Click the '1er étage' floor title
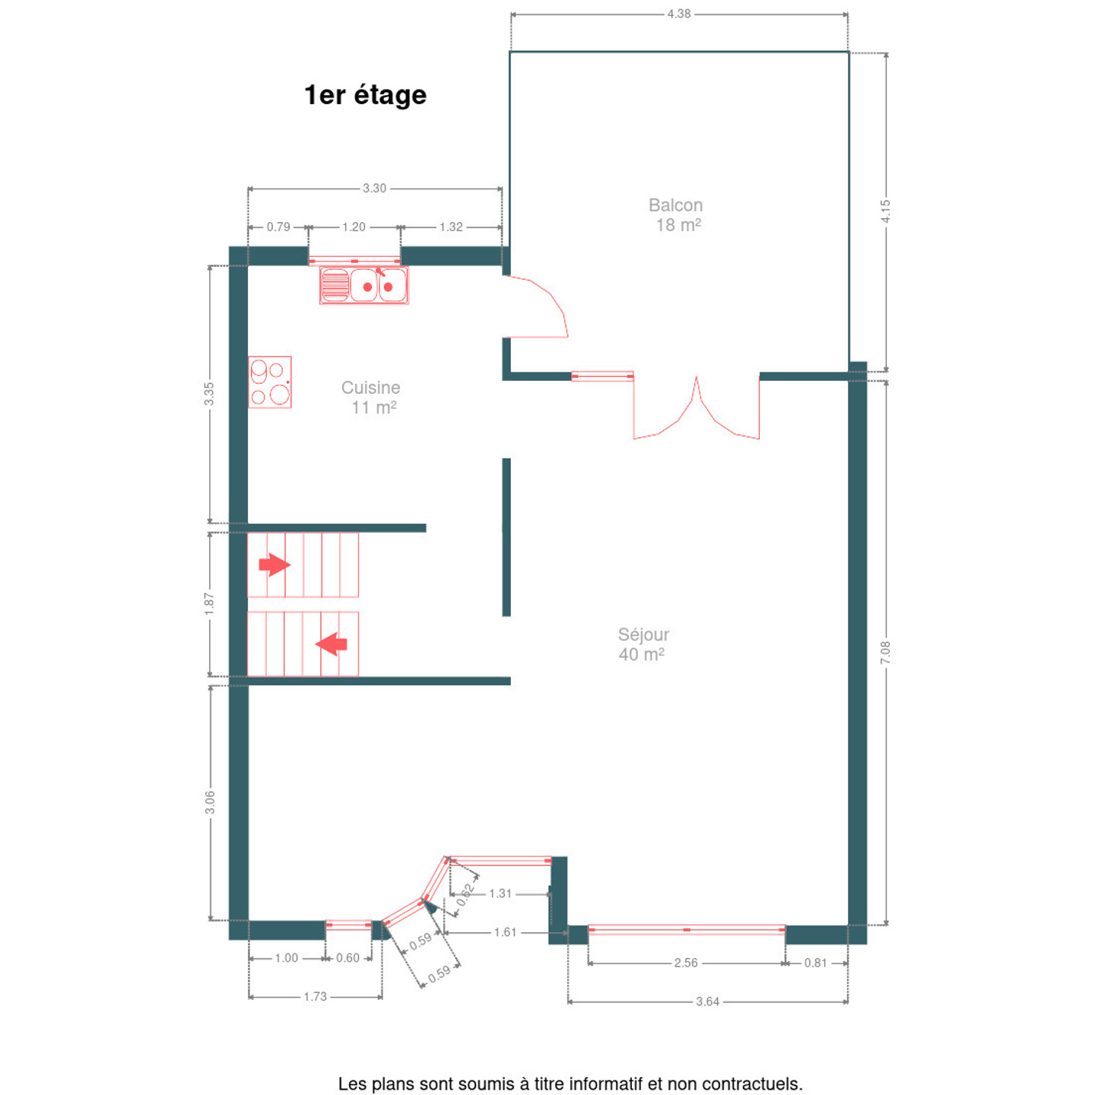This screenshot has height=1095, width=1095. tap(365, 96)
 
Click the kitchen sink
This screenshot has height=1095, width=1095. tap(363, 285)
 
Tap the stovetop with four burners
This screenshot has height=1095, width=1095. tap(270, 382)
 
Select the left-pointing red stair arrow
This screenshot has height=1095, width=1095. tap(332, 644)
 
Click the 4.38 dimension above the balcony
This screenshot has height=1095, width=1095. tap(679, 14)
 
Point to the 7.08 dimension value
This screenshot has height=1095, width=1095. tap(885, 652)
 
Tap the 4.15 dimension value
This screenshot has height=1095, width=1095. tap(885, 211)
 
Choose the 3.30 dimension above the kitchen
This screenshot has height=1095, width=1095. tap(374, 188)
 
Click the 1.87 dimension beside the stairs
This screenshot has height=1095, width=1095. tap(209, 604)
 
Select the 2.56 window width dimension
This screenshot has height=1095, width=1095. tap(686, 963)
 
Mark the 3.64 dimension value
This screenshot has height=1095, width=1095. tap(708, 1001)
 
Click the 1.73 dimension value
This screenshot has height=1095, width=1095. tap(315, 996)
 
